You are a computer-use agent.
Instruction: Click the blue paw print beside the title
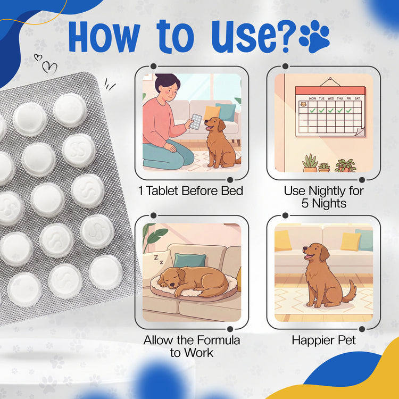pos(314,37)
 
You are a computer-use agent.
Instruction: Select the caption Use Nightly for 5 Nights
pos(323,197)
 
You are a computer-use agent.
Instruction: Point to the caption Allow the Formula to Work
pos(192,346)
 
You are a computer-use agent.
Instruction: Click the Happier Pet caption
pos(323,340)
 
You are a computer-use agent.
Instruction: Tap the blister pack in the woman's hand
pos(196,122)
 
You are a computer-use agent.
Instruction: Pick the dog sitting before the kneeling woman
pos(218,141)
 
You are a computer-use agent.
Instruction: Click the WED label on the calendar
pos(331,98)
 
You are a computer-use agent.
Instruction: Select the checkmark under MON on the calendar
pos(313,110)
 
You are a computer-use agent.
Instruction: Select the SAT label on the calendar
pos(358,98)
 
